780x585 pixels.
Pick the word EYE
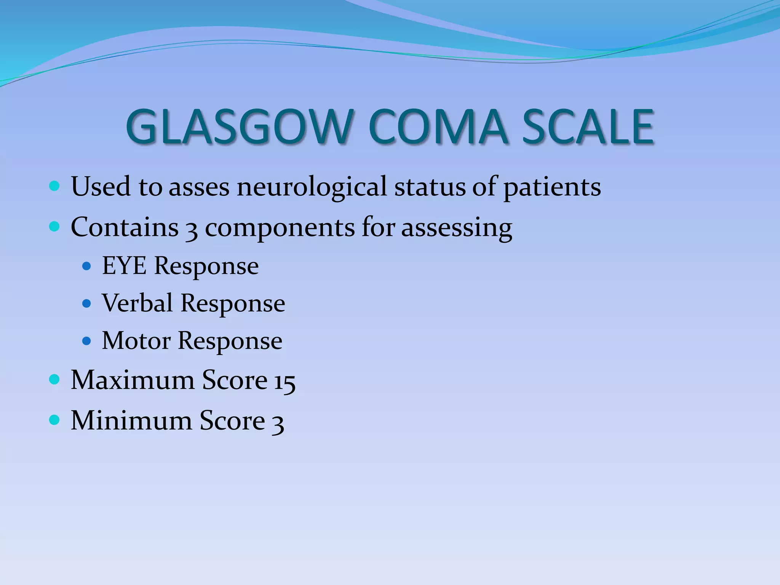pos(124,265)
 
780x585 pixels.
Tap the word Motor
pos(136,340)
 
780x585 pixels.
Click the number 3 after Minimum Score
pos(278,423)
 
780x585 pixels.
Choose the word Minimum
pos(131,421)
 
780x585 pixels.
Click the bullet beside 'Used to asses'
pos(54,186)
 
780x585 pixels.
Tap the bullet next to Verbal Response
pos(87,304)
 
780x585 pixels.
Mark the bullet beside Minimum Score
pos(54,420)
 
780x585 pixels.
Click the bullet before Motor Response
pos(87,340)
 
